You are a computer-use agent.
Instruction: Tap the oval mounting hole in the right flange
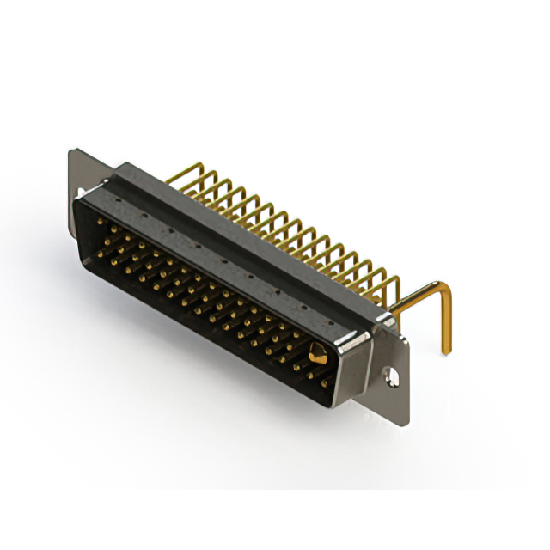pos(394,376)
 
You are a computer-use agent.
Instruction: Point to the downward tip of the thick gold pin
pos(446,349)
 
